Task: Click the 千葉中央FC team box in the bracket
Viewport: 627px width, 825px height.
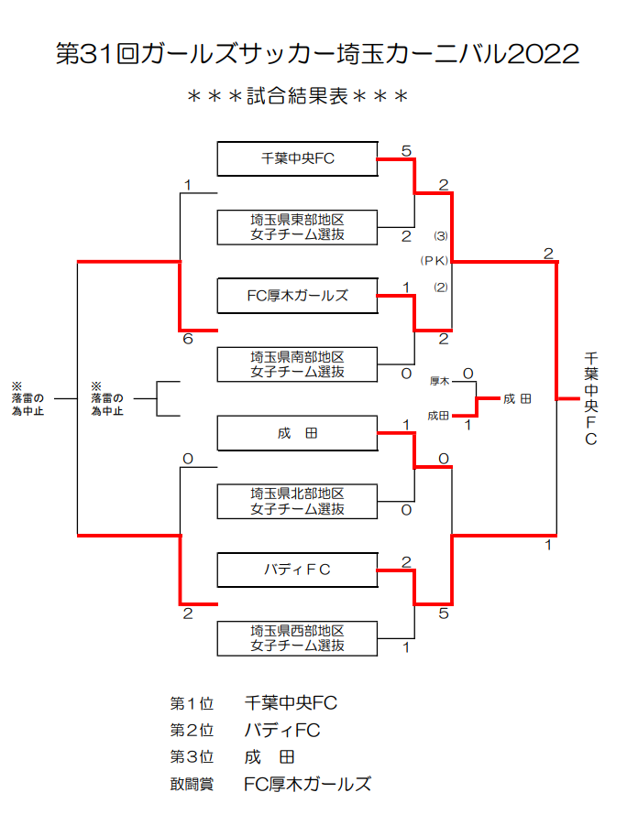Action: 297,158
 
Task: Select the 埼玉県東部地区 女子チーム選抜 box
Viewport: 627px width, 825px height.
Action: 297,227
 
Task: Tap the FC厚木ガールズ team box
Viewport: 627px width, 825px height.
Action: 297,296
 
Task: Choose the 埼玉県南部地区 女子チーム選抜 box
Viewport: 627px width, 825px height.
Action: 297,364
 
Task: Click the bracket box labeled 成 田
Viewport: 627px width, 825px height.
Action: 297,433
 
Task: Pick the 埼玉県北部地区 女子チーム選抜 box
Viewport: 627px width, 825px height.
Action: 297,502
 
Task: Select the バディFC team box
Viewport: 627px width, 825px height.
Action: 297,570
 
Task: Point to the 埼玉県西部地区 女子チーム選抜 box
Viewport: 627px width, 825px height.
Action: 297,638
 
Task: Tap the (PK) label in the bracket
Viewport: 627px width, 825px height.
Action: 434,261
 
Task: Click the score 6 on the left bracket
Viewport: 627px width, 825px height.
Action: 187,340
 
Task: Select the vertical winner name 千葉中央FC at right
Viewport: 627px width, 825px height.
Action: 590,398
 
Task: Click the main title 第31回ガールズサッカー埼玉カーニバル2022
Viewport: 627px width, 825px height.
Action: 317,54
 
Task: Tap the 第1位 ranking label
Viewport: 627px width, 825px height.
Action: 191,704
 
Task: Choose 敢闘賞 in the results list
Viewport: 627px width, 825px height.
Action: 191,785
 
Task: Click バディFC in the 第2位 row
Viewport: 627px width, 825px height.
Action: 282,731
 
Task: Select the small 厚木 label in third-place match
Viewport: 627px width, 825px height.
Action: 439,380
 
